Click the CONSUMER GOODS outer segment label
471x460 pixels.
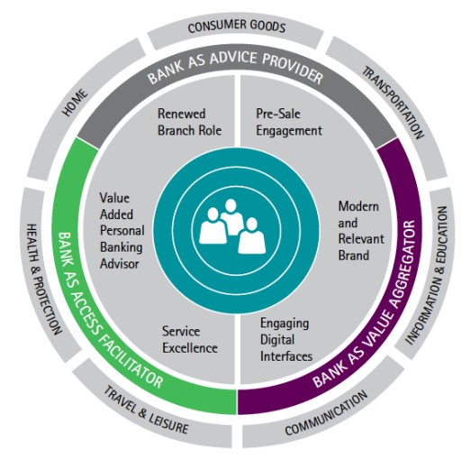tap(237, 26)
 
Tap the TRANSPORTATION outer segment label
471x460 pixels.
tap(394, 103)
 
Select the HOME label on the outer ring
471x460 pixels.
tap(75, 103)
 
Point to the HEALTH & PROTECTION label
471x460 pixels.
tap(44, 279)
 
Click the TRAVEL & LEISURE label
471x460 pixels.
tap(146, 409)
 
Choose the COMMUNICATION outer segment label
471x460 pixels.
tap(326, 413)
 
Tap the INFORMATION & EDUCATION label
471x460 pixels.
tap(427, 275)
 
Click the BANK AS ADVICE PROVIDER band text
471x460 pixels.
tap(236, 68)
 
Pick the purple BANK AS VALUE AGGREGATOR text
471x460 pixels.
tap(365, 304)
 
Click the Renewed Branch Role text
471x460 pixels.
tap(189, 122)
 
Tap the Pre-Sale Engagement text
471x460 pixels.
tap(289, 123)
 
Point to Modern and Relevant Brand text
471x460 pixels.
tap(361, 231)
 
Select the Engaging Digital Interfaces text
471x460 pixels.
tap(286, 340)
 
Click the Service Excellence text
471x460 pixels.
tap(190, 340)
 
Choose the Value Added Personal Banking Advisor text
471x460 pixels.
tap(122, 231)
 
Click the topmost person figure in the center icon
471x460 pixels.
tap(231, 215)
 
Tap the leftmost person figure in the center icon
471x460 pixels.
tap(213, 225)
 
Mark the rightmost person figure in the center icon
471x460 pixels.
tap(252, 235)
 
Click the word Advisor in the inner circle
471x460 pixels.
tap(120, 264)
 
